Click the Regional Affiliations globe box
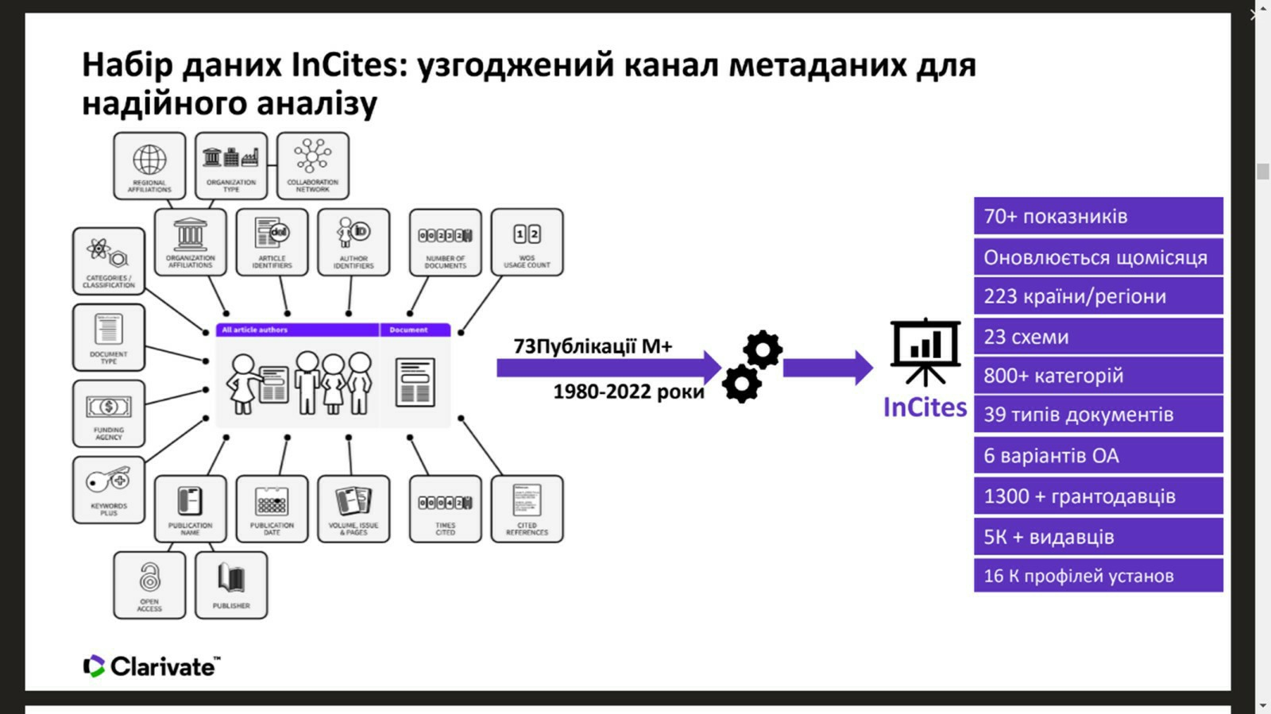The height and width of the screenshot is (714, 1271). pos(149,165)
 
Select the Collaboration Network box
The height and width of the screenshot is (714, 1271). pos(313,165)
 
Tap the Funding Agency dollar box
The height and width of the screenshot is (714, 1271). pos(109,413)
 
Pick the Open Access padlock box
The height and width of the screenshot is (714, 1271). pos(149,585)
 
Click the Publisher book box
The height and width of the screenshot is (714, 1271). pos(231,585)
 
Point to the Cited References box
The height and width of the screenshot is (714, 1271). pos(527,508)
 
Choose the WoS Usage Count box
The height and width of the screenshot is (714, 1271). pos(527,242)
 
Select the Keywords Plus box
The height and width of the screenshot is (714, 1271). pos(109,489)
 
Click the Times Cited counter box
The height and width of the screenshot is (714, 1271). pos(445,508)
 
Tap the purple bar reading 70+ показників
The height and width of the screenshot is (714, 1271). pos(1098,216)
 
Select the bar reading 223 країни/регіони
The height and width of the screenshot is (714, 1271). pos(1098,296)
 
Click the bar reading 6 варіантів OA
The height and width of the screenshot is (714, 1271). pos(1098,456)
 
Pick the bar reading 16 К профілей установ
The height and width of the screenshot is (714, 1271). pos(1098,576)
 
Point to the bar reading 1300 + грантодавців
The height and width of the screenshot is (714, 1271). pos(1098,496)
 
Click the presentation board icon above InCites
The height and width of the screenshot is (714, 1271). pos(925,351)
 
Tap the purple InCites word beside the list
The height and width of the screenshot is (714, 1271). pos(925,407)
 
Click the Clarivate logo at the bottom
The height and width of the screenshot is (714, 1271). pos(152,666)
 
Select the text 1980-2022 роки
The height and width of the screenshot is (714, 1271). pos(628,392)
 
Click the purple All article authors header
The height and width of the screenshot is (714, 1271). pos(297,330)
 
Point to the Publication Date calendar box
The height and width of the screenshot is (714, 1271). pos(272,508)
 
